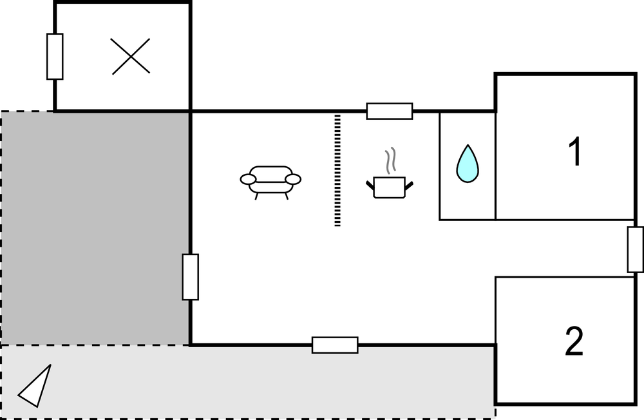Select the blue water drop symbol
pyautogui.click(x=468, y=164)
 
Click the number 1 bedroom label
pyautogui.click(x=575, y=151)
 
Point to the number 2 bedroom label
pyautogui.click(x=574, y=341)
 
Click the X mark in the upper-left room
pyautogui.click(x=131, y=56)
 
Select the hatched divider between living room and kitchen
pyautogui.click(x=337, y=171)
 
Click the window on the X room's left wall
pyautogui.click(x=55, y=56)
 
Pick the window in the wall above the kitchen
pyautogui.click(x=390, y=111)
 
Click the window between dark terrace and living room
pyautogui.click(x=191, y=277)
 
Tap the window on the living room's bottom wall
pyautogui.click(x=335, y=345)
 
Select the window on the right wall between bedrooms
pyautogui.click(x=636, y=249)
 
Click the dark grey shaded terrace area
pyautogui.click(x=96, y=228)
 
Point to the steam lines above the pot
pyautogui.click(x=390, y=160)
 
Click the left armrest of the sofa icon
pyautogui.click(x=248, y=179)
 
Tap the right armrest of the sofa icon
pyautogui.click(x=293, y=179)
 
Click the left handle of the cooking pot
pyautogui.click(x=370, y=186)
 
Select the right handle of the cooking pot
pyautogui.click(x=409, y=186)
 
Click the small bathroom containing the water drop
pyautogui.click(x=468, y=166)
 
